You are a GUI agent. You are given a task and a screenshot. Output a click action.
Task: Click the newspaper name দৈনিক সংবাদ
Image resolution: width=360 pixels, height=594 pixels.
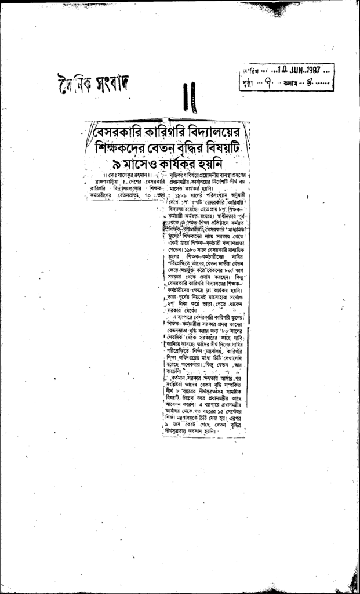(93, 84)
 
